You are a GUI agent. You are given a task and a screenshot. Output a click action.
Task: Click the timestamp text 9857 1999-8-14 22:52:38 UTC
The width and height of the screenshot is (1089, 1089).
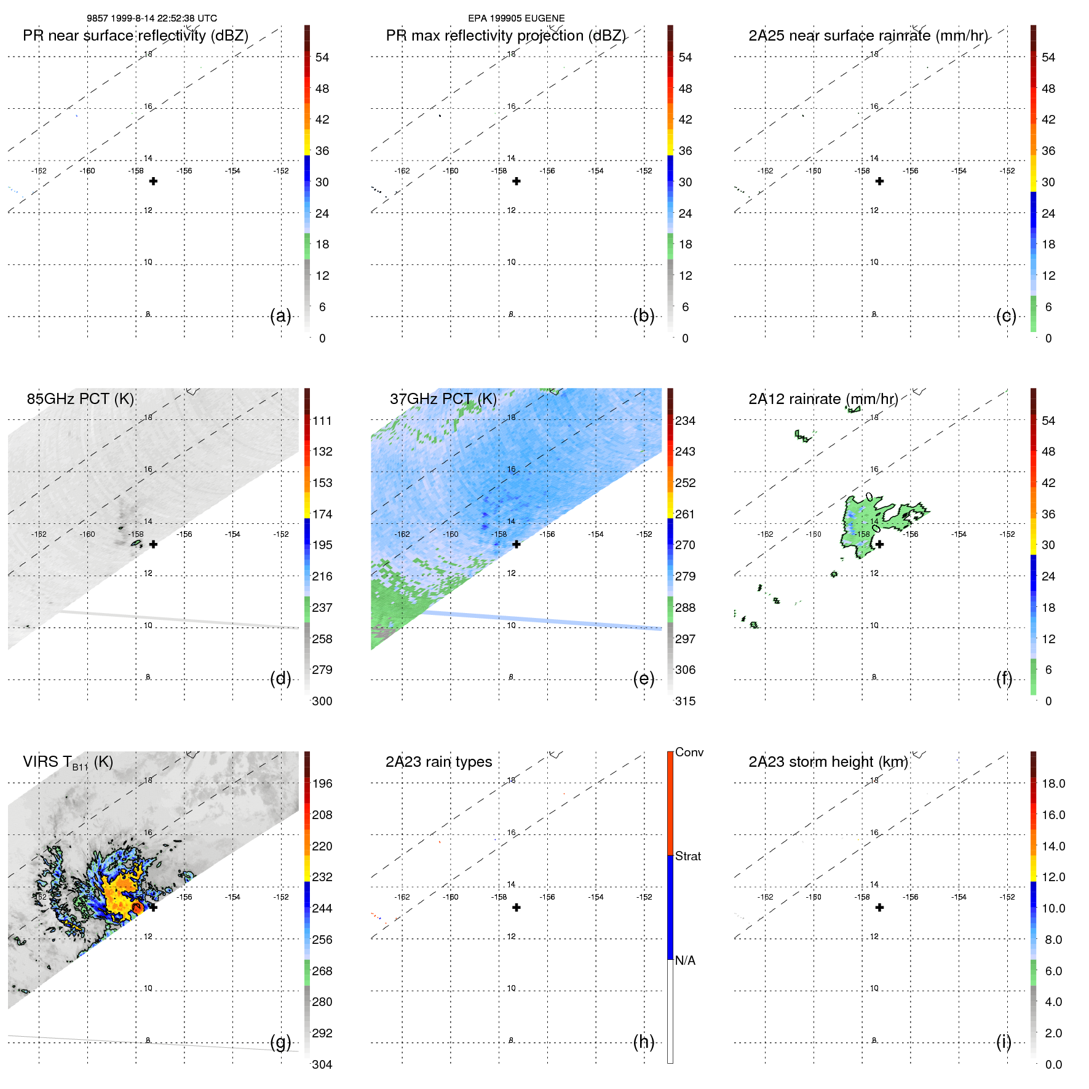[151, 18]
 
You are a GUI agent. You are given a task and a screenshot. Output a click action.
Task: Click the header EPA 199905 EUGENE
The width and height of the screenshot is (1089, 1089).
[516, 18]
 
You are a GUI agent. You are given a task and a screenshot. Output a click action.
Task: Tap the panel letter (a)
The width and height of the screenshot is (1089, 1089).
[280, 316]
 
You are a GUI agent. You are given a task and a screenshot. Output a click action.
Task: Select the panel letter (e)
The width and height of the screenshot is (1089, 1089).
[644, 679]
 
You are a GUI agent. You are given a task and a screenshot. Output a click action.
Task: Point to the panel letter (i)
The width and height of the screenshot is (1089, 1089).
[1004, 1042]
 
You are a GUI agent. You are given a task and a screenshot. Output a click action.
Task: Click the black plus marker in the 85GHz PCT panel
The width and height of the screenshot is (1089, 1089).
[153, 544]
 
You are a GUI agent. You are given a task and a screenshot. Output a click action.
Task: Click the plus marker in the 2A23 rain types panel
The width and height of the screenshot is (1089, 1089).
[517, 908]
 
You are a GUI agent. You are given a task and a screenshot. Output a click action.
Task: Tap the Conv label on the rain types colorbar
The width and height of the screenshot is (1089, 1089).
[689, 753]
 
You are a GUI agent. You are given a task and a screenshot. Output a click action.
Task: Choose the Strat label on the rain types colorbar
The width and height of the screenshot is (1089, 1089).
[687, 857]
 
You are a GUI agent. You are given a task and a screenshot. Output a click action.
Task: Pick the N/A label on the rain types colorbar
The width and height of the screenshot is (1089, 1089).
[685, 960]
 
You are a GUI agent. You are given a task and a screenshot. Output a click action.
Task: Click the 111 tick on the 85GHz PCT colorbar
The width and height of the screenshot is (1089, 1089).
[322, 421]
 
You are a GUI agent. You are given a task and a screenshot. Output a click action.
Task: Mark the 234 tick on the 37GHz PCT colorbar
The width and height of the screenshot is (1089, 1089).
[685, 421]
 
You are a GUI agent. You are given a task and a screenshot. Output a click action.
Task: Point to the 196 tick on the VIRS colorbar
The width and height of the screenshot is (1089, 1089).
[322, 784]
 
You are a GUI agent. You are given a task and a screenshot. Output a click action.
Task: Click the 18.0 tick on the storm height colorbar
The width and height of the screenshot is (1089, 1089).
[1053, 784]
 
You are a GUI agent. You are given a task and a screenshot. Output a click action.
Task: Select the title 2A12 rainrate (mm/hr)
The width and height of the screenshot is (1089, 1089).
[823, 399]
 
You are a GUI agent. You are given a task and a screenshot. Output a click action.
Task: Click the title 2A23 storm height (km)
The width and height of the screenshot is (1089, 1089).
[828, 762]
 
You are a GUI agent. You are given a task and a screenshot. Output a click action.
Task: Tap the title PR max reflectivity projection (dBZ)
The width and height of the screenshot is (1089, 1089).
[505, 36]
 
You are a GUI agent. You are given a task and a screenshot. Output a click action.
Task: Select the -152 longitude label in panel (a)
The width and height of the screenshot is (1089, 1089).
[281, 171]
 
